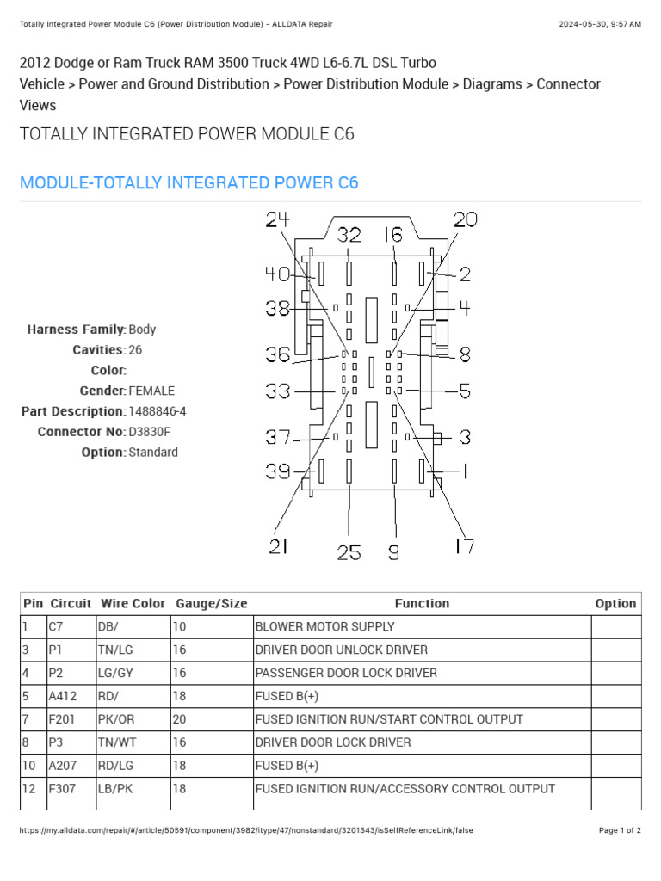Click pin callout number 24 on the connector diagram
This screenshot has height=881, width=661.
click(277, 220)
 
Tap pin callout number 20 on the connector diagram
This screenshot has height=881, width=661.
click(465, 220)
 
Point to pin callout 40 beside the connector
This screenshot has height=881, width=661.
click(277, 274)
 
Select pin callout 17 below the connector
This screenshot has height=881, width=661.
click(463, 546)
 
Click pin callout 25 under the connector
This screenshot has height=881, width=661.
click(349, 552)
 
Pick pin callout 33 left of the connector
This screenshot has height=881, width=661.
click(277, 392)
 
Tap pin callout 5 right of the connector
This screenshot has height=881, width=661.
click(465, 392)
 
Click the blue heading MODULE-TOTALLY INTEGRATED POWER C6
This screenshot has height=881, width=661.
click(188, 182)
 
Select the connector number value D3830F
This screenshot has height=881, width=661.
click(153, 432)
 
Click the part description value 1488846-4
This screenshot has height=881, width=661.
click(158, 411)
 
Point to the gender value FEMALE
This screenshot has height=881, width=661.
click(151, 391)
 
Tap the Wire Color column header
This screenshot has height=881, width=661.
click(133, 604)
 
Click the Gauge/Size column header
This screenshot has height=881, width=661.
click(211, 604)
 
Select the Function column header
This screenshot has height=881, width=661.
click(422, 604)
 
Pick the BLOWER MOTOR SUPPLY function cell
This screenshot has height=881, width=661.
click(324, 626)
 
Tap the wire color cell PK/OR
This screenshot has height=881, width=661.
click(115, 719)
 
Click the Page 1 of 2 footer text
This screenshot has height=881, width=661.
click(620, 830)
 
